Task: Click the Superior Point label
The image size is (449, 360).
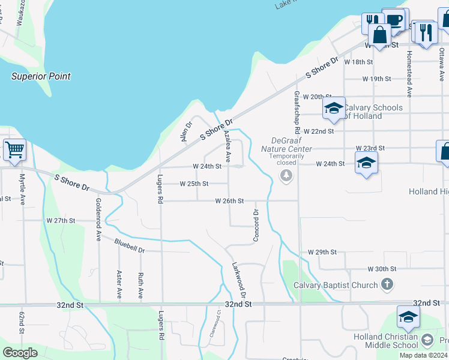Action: click(41, 76)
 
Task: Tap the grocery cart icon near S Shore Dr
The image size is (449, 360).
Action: click(14, 150)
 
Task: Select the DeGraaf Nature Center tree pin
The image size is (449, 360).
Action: click(286, 175)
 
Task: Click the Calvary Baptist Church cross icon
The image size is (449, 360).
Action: click(387, 284)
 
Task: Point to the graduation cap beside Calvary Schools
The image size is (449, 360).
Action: click(334, 109)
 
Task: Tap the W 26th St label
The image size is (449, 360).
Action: click(229, 201)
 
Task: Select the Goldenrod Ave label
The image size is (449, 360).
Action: click(98, 220)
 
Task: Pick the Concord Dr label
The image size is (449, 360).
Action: click(256, 226)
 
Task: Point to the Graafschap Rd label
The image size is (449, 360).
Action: click(297, 112)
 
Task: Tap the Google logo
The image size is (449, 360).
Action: click(20, 352)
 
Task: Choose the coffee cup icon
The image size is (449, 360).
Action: click(394, 19)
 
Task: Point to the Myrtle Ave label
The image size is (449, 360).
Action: click(22, 189)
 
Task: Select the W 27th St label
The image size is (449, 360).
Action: click(61, 221)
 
